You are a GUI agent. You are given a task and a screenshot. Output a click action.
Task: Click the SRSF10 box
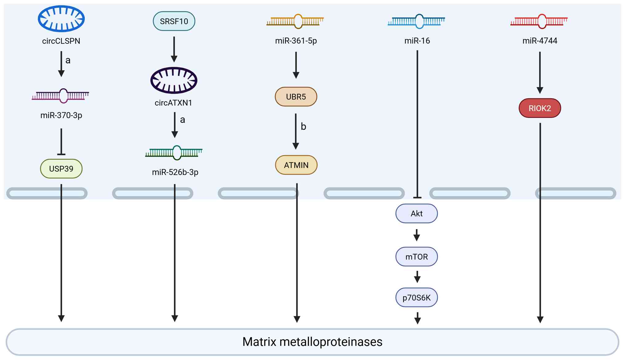coord(174,21)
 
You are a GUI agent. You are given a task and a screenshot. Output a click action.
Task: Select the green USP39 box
coord(61,169)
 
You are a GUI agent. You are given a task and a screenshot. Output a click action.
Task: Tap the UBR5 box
coord(296,97)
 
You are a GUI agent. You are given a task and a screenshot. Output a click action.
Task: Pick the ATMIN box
coord(296,165)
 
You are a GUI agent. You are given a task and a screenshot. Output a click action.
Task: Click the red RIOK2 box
coord(540,108)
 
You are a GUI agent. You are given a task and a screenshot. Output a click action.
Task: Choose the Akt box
coord(416,214)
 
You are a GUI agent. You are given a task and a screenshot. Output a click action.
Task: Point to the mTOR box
coord(416,257)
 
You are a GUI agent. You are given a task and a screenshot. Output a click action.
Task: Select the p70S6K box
coord(416,298)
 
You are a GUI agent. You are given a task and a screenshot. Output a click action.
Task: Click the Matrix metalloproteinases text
coord(312,342)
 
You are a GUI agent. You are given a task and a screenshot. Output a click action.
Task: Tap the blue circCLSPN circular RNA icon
coord(61,18)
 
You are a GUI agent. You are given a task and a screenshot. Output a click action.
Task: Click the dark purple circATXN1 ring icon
coord(174,80)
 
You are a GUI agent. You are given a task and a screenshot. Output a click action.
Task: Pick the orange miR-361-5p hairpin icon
coord(295,21)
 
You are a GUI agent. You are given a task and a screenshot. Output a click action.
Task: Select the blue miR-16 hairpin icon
coord(416,21)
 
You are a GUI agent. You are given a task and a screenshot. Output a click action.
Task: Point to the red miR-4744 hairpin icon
coord(539,21)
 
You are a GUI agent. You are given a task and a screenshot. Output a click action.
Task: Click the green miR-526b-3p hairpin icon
coord(174,153)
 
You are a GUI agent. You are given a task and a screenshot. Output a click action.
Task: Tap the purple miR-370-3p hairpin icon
coord(61,96)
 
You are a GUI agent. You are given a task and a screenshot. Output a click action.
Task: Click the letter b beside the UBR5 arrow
coord(303,126)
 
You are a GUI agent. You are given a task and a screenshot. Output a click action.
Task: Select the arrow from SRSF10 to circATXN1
coord(174,49)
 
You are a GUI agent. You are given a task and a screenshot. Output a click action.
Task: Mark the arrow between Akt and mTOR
coord(417,235)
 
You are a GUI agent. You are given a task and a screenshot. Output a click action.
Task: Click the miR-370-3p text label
coord(61,115)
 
